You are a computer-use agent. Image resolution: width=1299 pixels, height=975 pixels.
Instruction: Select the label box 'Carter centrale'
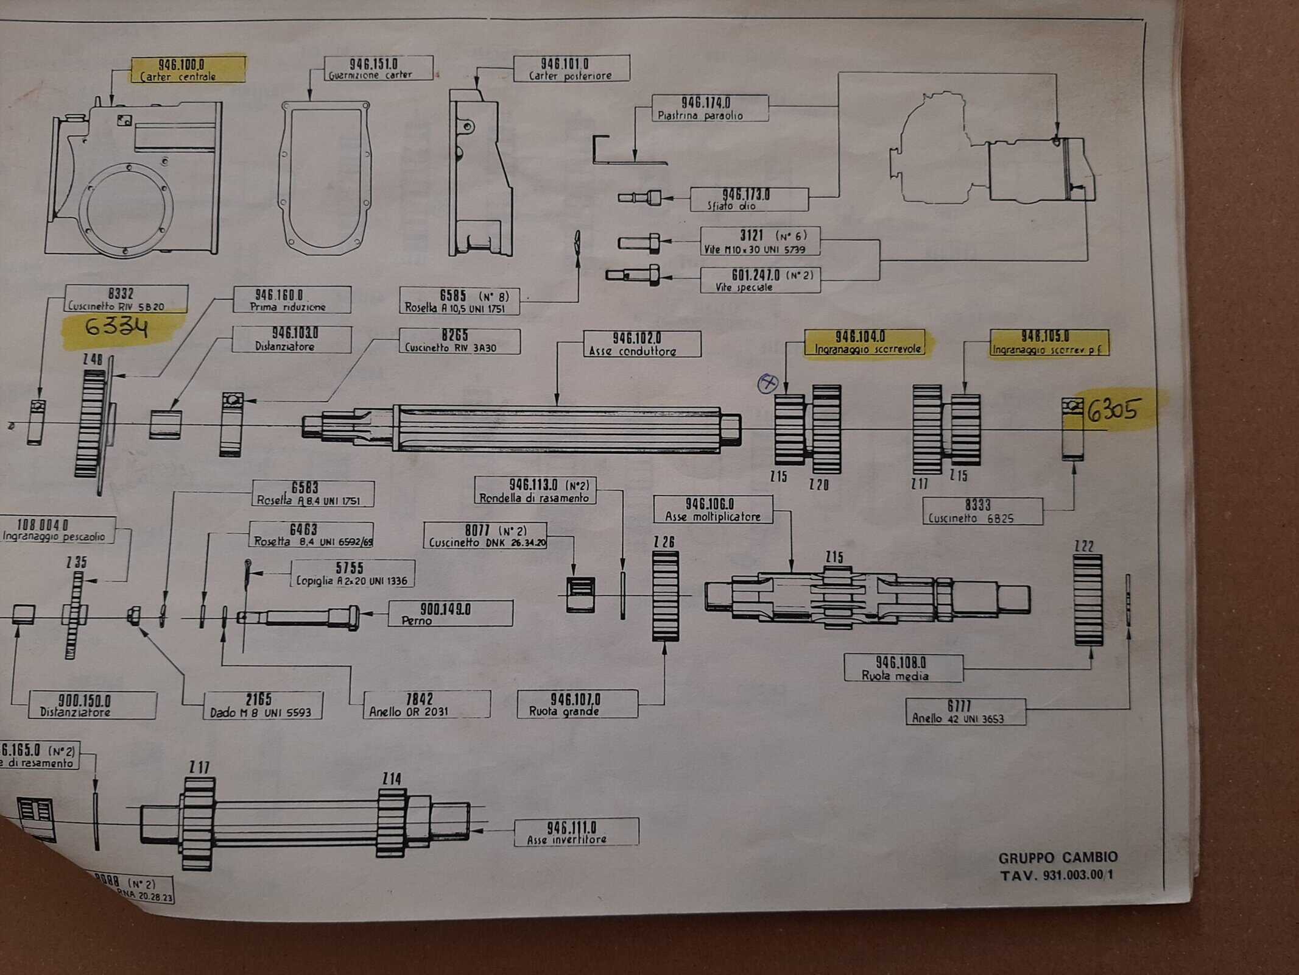(x=188, y=69)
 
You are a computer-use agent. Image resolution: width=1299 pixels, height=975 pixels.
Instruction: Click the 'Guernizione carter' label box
(x=378, y=68)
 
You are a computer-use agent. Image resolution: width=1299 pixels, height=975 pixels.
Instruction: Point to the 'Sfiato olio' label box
(x=748, y=200)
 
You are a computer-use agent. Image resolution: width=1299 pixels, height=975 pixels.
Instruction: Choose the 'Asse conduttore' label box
(x=641, y=344)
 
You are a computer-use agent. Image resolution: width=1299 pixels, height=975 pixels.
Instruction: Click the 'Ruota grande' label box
(x=577, y=704)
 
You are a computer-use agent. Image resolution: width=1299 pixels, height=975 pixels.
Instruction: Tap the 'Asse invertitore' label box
(x=576, y=832)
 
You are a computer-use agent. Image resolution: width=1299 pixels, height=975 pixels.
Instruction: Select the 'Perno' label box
(x=450, y=614)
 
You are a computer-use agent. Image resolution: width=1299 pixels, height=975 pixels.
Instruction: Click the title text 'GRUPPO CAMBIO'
(x=1058, y=858)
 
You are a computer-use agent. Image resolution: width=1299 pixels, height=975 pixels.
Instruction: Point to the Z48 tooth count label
(x=93, y=360)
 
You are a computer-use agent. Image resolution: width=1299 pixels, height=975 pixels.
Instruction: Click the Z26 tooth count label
(x=664, y=542)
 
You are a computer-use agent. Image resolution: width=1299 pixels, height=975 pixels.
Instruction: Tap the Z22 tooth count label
(x=1084, y=546)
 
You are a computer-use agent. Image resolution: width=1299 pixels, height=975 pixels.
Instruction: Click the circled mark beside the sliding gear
(x=767, y=383)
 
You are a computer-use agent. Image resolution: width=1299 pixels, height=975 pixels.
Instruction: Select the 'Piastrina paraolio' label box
(x=709, y=108)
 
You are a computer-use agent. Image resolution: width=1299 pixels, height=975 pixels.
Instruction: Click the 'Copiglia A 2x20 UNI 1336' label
(x=352, y=574)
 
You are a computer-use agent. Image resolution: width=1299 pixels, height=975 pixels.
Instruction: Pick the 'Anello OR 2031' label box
(x=426, y=704)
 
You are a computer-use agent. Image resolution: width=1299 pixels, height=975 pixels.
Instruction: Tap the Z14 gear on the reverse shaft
(x=392, y=823)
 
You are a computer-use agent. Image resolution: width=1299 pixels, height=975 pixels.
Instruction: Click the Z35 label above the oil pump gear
(x=77, y=562)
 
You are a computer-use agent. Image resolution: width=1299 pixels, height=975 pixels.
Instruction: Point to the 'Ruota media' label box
(x=903, y=668)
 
